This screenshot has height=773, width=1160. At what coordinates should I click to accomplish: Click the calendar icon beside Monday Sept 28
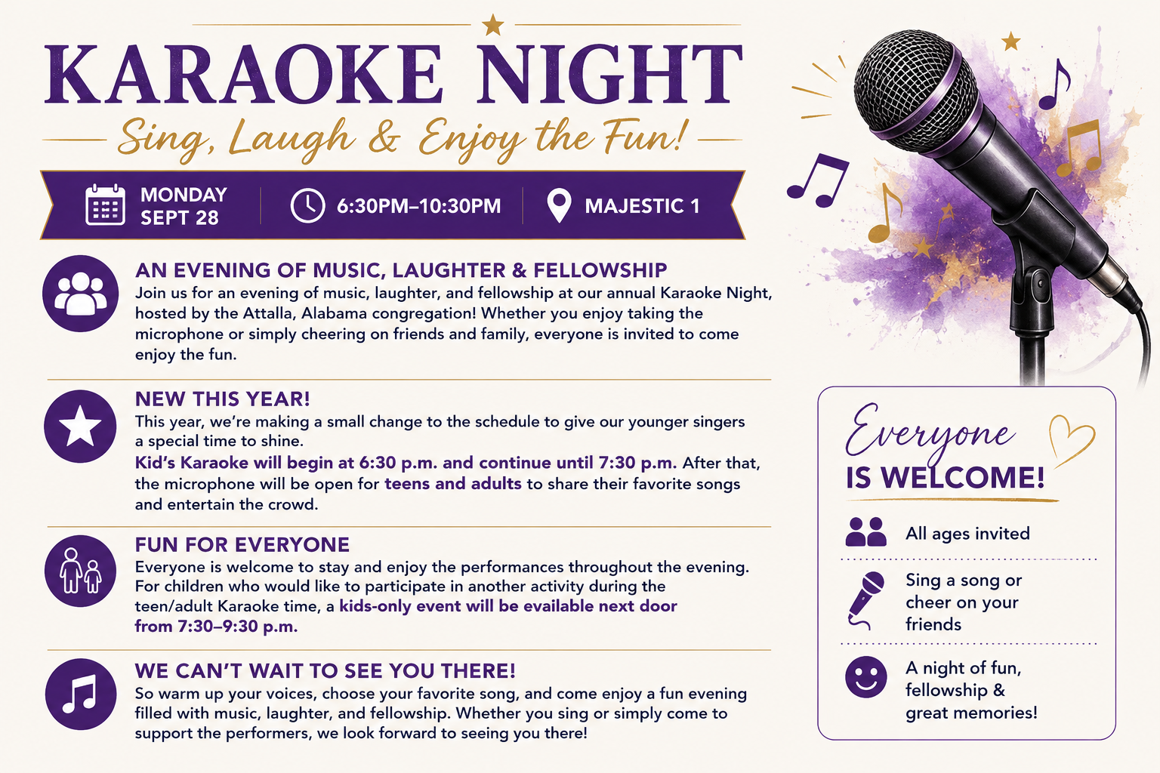point(105,205)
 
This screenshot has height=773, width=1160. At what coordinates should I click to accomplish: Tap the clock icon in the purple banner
point(307,205)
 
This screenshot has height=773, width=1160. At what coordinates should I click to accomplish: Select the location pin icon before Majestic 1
point(560,206)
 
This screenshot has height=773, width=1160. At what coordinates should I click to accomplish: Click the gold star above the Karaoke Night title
point(492,25)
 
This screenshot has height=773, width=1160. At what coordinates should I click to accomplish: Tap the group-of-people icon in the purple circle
point(80,294)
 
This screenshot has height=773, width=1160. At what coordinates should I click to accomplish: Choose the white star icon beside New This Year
point(80,426)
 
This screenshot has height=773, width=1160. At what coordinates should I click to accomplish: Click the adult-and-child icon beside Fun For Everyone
point(80,571)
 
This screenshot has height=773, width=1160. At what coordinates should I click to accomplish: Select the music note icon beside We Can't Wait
point(80,694)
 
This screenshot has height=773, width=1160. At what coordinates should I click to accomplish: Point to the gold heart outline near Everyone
point(1071,440)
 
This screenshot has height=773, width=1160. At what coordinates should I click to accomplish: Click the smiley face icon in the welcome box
point(866,676)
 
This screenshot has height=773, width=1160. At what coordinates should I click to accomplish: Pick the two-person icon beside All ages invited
point(865,531)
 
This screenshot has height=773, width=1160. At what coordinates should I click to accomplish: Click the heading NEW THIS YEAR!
point(223,399)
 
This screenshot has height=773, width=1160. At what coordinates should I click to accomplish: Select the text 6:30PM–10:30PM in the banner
point(418,206)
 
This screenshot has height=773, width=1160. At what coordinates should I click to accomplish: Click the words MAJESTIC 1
point(642,206)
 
